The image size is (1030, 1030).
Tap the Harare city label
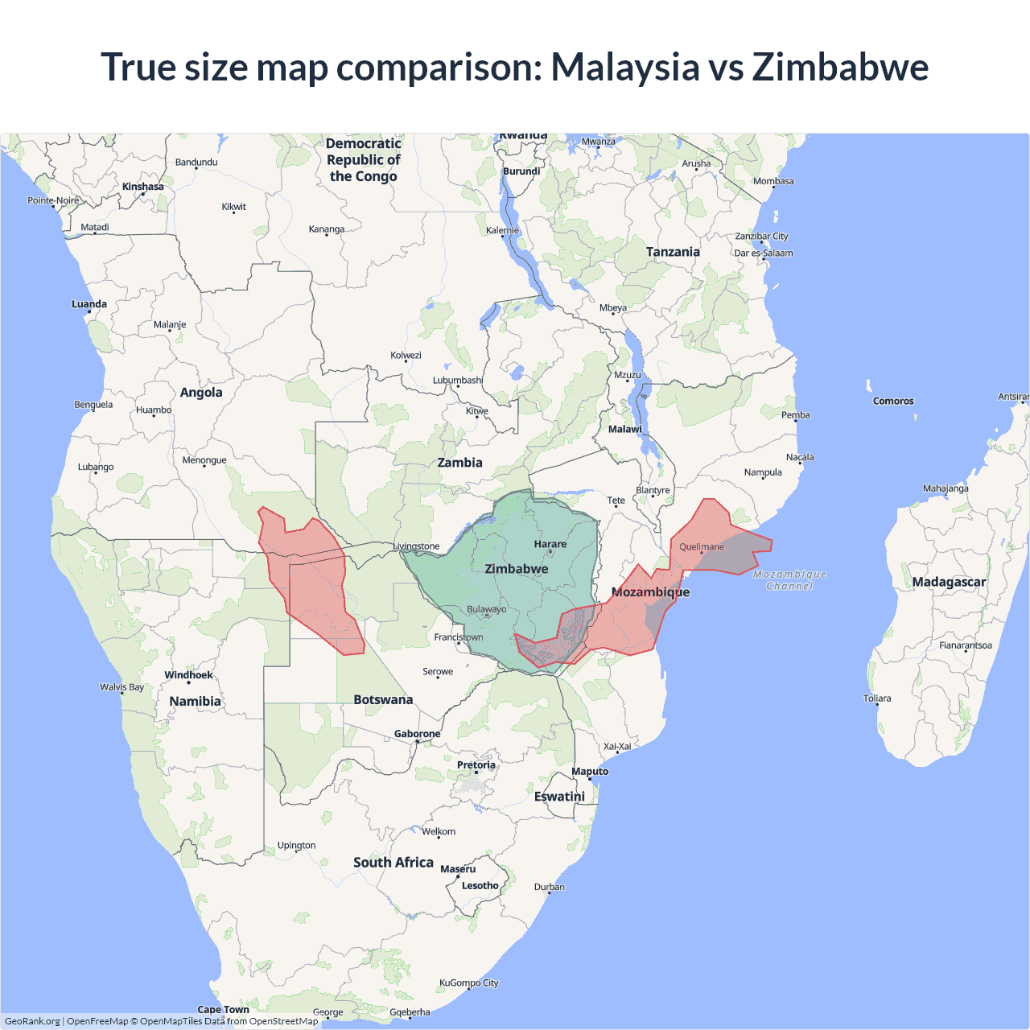(x=550, y=545)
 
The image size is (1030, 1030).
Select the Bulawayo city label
(x=487, y=609)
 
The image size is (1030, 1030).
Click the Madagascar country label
(x=949, y=582)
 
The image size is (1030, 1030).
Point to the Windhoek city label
(x=188, y=675)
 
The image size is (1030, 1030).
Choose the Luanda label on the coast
(x=89, y=304)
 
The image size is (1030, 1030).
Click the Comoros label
(x=893, y=401)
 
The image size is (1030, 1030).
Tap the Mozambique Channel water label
(x=789, y=579)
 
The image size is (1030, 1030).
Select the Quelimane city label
(x=702, y=547)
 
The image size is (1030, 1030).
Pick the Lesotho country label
(x=480, y=886)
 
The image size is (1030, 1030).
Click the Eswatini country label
(x=559, y=797)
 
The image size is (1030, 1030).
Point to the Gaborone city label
(x=417, y=734)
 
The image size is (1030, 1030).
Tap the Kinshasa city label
(x=143, y=187)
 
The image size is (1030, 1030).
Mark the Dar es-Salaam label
(x=763, y=253)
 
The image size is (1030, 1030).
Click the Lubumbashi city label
(x=458, y=381)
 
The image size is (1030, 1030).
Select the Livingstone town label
(x=416, y=546)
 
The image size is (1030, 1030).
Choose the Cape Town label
(x=223, y=1010)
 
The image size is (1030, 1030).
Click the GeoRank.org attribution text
(x=32, y=1021)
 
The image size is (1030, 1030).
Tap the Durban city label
(x=550, y=888)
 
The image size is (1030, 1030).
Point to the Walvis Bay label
(x=122, y=687)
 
